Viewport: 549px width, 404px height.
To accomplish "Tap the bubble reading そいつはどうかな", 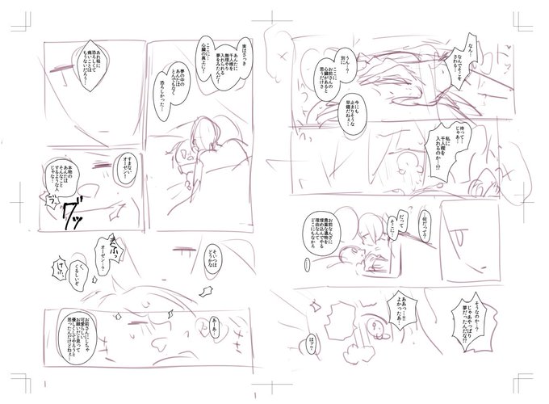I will click(x=213, y=253).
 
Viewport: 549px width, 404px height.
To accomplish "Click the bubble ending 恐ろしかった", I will click(x=175, y=103).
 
